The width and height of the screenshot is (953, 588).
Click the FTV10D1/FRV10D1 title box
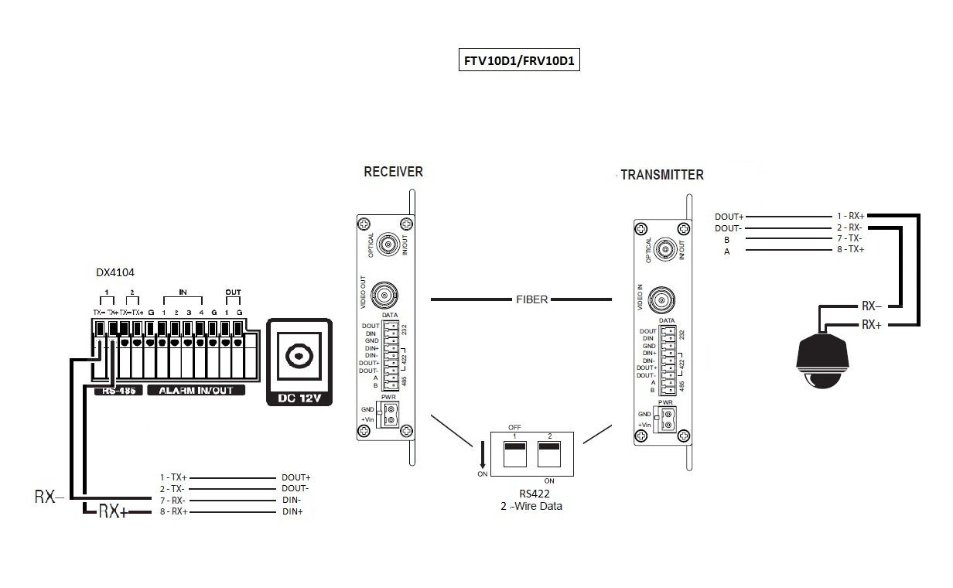click(x=518, y=62)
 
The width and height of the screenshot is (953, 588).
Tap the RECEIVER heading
click(x=393, y=172)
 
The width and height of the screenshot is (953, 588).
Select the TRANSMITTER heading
click(x=662, y=175)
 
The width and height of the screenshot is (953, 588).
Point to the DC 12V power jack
click(x=298, y=357)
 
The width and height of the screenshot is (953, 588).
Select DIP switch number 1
click(x=514, y=455)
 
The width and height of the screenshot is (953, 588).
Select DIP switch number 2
click(x=549, y=455)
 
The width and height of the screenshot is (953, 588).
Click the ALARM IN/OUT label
click(x=196, y=391)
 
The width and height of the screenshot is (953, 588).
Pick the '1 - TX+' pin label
click(x=173, y=477)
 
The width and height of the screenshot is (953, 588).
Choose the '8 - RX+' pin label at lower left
click(x=173, y=512)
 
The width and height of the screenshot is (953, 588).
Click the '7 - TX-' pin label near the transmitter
click(x=849, y=238)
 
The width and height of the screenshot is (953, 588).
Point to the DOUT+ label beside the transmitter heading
click(x=729, y=217)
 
